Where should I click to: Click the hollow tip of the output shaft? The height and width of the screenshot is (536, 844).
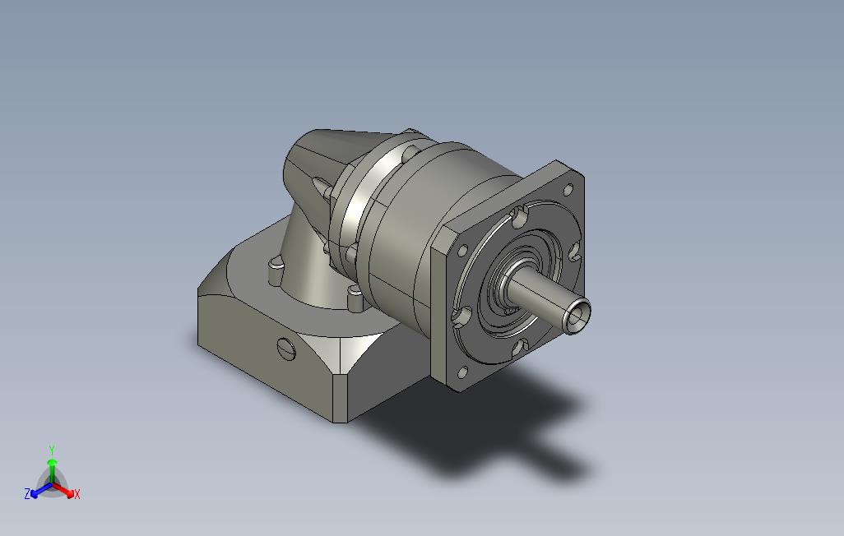(577, 317)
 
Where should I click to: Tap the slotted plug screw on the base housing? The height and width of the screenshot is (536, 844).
(286, 349)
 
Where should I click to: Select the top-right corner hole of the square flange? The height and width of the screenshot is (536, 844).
(568, 189)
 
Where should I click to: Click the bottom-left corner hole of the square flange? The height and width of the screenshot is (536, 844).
(462, 372)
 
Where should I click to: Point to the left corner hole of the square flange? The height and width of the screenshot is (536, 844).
(461, 251)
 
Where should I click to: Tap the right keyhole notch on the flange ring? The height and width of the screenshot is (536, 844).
(574, 250)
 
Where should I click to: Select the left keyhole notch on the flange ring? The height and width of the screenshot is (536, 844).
(461, 317)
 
